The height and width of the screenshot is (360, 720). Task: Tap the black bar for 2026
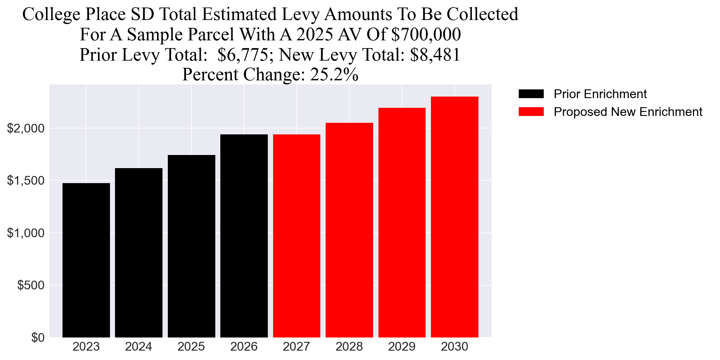(x=244, y=236)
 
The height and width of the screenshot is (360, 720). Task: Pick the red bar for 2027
(x=297, y=236)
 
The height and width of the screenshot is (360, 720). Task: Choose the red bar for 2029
(x=402, y=222)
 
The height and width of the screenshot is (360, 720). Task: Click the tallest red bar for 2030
(x=454, y=217)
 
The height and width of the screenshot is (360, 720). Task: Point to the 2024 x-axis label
(x=138, y=347)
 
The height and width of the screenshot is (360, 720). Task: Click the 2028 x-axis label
(x=349, y=347)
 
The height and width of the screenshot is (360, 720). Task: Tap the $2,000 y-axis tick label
(x=26, y=128)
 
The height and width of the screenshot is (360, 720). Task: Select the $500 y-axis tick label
(x=31, y=285)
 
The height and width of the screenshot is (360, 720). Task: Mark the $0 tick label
(x=38, y=338)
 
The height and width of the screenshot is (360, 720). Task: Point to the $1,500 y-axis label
(x=26, y=181)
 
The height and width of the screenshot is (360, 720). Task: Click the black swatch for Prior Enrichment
(x=531, y=94)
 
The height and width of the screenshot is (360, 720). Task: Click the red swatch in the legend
(x=531, y=112)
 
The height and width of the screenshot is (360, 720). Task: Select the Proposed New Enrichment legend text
(x=628, y=112)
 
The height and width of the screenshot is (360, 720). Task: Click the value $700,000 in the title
(x=426, y=34)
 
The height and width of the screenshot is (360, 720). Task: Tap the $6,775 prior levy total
(x=242, y=55)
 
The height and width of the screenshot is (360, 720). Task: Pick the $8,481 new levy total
(x=435, y=55)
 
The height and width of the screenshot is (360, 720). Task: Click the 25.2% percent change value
(x=334, y=75)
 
